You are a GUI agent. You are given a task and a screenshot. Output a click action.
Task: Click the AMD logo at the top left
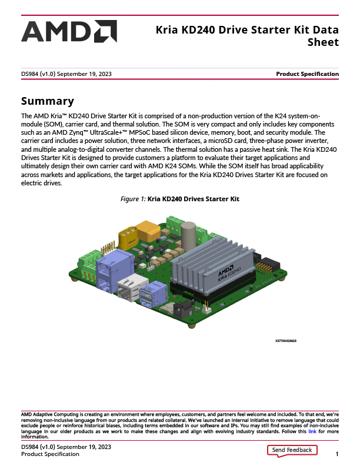69,32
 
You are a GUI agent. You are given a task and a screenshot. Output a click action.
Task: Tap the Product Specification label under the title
307,74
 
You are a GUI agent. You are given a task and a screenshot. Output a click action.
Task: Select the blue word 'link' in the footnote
312,432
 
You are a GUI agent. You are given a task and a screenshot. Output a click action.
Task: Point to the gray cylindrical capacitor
188,235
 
